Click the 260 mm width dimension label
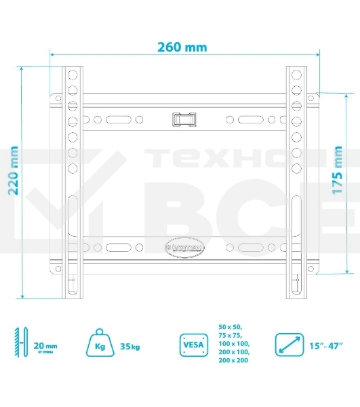[182, 47]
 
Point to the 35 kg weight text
[129, 347]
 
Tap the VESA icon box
[193, 345]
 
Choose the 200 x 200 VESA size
[233, 360]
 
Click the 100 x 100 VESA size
[233, 343]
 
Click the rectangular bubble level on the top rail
[182, 117]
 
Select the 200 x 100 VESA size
[233, 351]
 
